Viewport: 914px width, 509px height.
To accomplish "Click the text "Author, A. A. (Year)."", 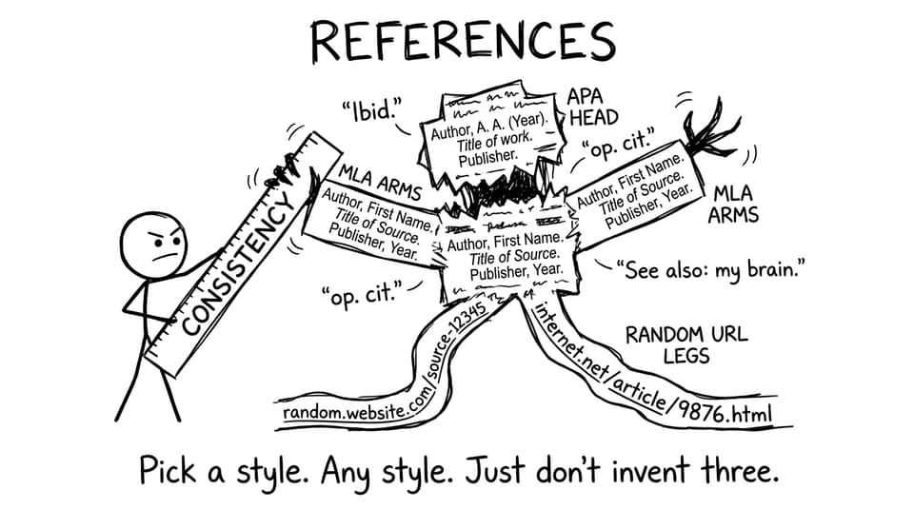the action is click(489, 126).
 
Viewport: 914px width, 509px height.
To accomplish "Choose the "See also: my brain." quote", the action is click(710, 270).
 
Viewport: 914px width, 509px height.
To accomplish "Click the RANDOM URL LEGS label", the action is click(686, 344).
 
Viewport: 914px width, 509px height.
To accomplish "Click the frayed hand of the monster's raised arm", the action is click(708, 132).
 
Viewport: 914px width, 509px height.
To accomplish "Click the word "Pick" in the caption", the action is click(168, 469).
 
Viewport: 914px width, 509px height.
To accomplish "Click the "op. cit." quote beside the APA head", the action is click(619, 142).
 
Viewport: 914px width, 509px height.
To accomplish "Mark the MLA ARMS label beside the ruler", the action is click(380, 182).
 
